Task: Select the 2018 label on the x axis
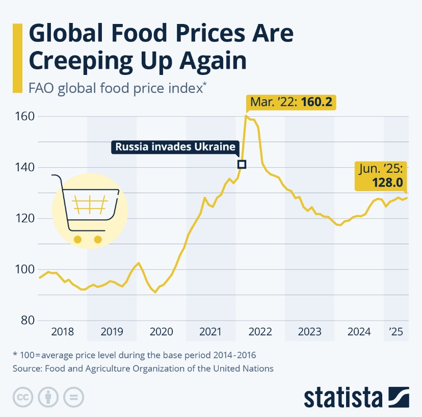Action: click(x=63, y=332)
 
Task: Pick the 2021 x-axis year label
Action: click(x=210, y=332)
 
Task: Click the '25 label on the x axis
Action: click(x=395, y=332)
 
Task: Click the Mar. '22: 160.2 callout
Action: click(x=291, y=102)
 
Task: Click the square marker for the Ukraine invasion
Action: click(x=242, y=164)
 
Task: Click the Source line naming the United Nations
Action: click(x=142, y=368)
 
